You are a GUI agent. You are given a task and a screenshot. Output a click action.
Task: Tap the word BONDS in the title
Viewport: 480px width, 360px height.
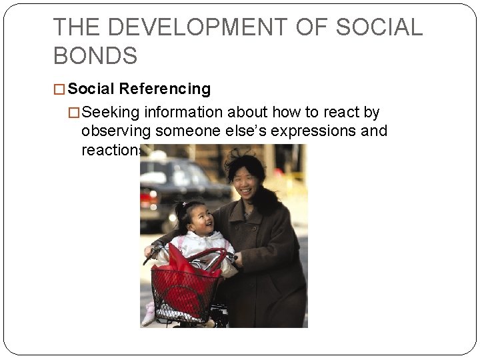(x=95, y=56)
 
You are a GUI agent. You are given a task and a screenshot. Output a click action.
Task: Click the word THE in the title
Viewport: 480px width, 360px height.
(x=77, y=27)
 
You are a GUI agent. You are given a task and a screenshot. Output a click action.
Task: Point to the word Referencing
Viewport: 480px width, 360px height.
(x=165, y=89)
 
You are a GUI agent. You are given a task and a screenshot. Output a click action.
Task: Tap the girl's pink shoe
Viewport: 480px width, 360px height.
(x=149, y=316)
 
